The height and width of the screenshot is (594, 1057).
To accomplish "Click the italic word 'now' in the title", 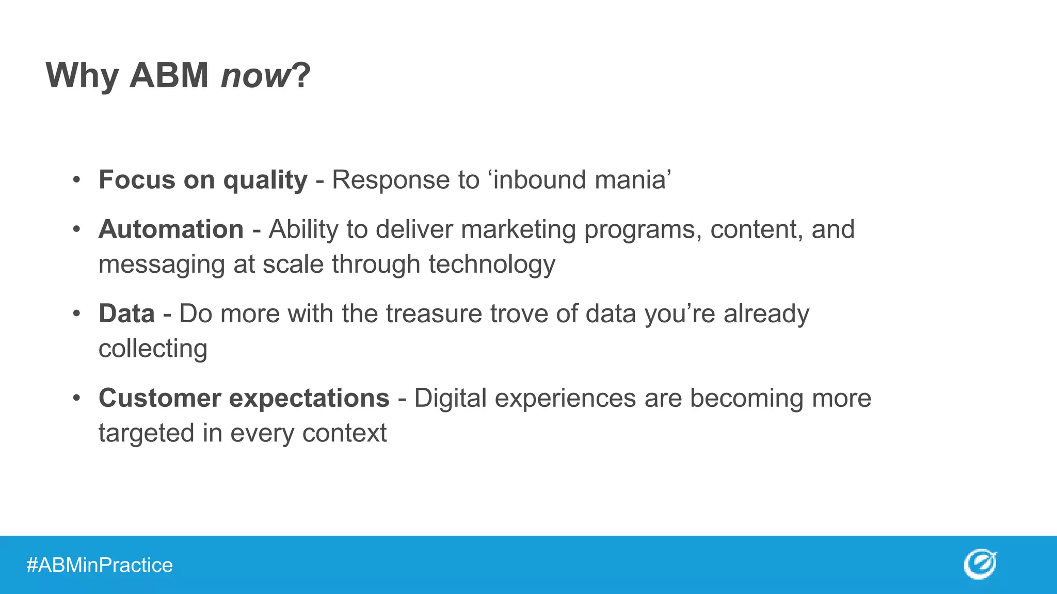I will tap(255, 76).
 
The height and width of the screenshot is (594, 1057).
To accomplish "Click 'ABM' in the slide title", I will tap(169, 76).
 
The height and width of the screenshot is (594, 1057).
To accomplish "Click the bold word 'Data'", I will tap(126, 313).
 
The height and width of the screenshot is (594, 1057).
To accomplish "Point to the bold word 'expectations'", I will tap(309, 398).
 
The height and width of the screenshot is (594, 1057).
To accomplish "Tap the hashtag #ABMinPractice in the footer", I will tap(99, 565).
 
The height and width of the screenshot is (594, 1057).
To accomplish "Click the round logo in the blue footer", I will tap(979, 564).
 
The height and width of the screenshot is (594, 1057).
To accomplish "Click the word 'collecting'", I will tap(153, 349).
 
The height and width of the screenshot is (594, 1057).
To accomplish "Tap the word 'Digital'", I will tap(450, 398).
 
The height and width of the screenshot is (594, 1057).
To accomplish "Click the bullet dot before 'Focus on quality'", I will tap(76, 180).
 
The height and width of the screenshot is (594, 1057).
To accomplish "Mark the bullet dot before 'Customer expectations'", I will tap(76, 398).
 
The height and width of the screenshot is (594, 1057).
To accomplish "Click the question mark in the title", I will tap(301, 76).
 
